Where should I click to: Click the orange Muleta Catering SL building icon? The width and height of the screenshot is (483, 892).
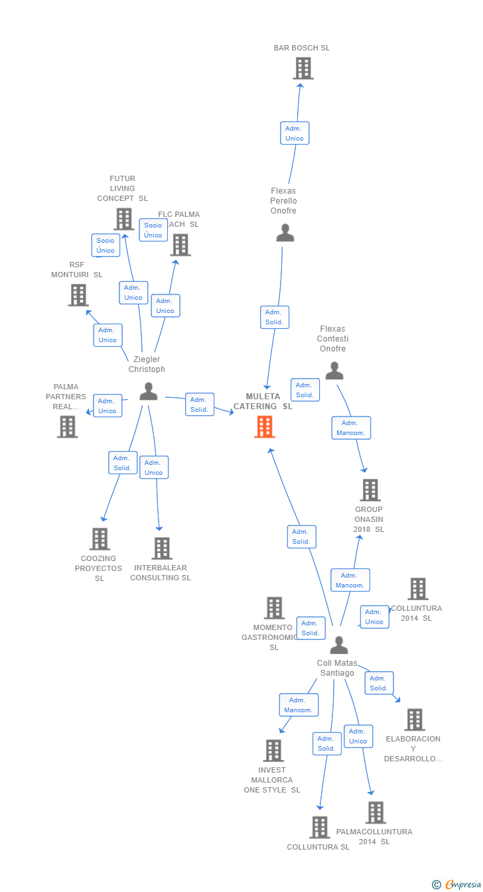pos(265,426)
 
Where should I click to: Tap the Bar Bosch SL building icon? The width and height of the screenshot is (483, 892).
pos(303,68)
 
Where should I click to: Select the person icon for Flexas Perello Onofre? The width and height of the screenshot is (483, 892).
pos(285,233)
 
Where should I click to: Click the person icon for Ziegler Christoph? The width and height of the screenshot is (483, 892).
pos(149,392)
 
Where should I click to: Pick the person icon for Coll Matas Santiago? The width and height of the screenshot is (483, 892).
pos(339,645)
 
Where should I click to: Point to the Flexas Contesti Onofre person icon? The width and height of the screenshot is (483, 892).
pos(334,371)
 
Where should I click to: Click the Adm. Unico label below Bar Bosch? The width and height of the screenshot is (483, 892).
pos(295,133)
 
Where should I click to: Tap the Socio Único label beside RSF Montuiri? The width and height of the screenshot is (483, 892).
pos(105,245)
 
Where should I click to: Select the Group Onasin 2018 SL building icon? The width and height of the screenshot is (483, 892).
pos(370,490)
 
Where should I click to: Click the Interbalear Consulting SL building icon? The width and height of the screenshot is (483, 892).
pos(162,548)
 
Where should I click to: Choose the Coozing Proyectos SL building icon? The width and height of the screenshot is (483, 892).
pos(100,539)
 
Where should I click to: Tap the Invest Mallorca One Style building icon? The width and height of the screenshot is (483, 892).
pos(273,751)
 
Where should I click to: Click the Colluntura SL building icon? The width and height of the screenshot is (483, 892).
pos(320,827)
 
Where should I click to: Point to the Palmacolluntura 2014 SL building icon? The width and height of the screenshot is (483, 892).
pos(376,812)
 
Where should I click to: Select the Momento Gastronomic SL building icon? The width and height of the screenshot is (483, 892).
pos(274,607)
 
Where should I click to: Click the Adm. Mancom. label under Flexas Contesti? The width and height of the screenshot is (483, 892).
pos(351,428)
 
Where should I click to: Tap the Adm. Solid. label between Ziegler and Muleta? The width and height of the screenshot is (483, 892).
pos(199,405)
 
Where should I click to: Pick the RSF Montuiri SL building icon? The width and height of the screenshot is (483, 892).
pos(78,295)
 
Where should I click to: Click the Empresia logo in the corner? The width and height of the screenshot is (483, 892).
pos(457,884)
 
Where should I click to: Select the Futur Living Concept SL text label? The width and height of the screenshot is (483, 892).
pos(123,188)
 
